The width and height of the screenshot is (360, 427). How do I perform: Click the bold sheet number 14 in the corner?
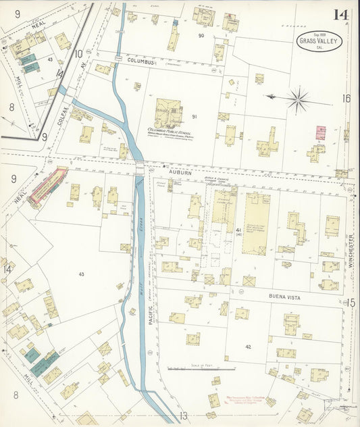pos(340,14)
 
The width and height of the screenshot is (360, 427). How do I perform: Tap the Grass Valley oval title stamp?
pos(320,41)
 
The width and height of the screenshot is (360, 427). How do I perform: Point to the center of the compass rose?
pos(297,99)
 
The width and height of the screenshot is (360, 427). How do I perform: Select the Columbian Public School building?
pos(168,113)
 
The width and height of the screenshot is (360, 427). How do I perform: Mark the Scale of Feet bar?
pos(201,369)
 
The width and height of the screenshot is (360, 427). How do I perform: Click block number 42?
pos(248,347)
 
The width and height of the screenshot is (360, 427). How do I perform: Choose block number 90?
pos(201,35)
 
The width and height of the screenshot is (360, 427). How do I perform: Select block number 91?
pos(195,117)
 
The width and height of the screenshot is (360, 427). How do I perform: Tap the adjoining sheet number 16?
pos(346,99)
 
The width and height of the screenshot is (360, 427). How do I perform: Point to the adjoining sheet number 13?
pos(183,416)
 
